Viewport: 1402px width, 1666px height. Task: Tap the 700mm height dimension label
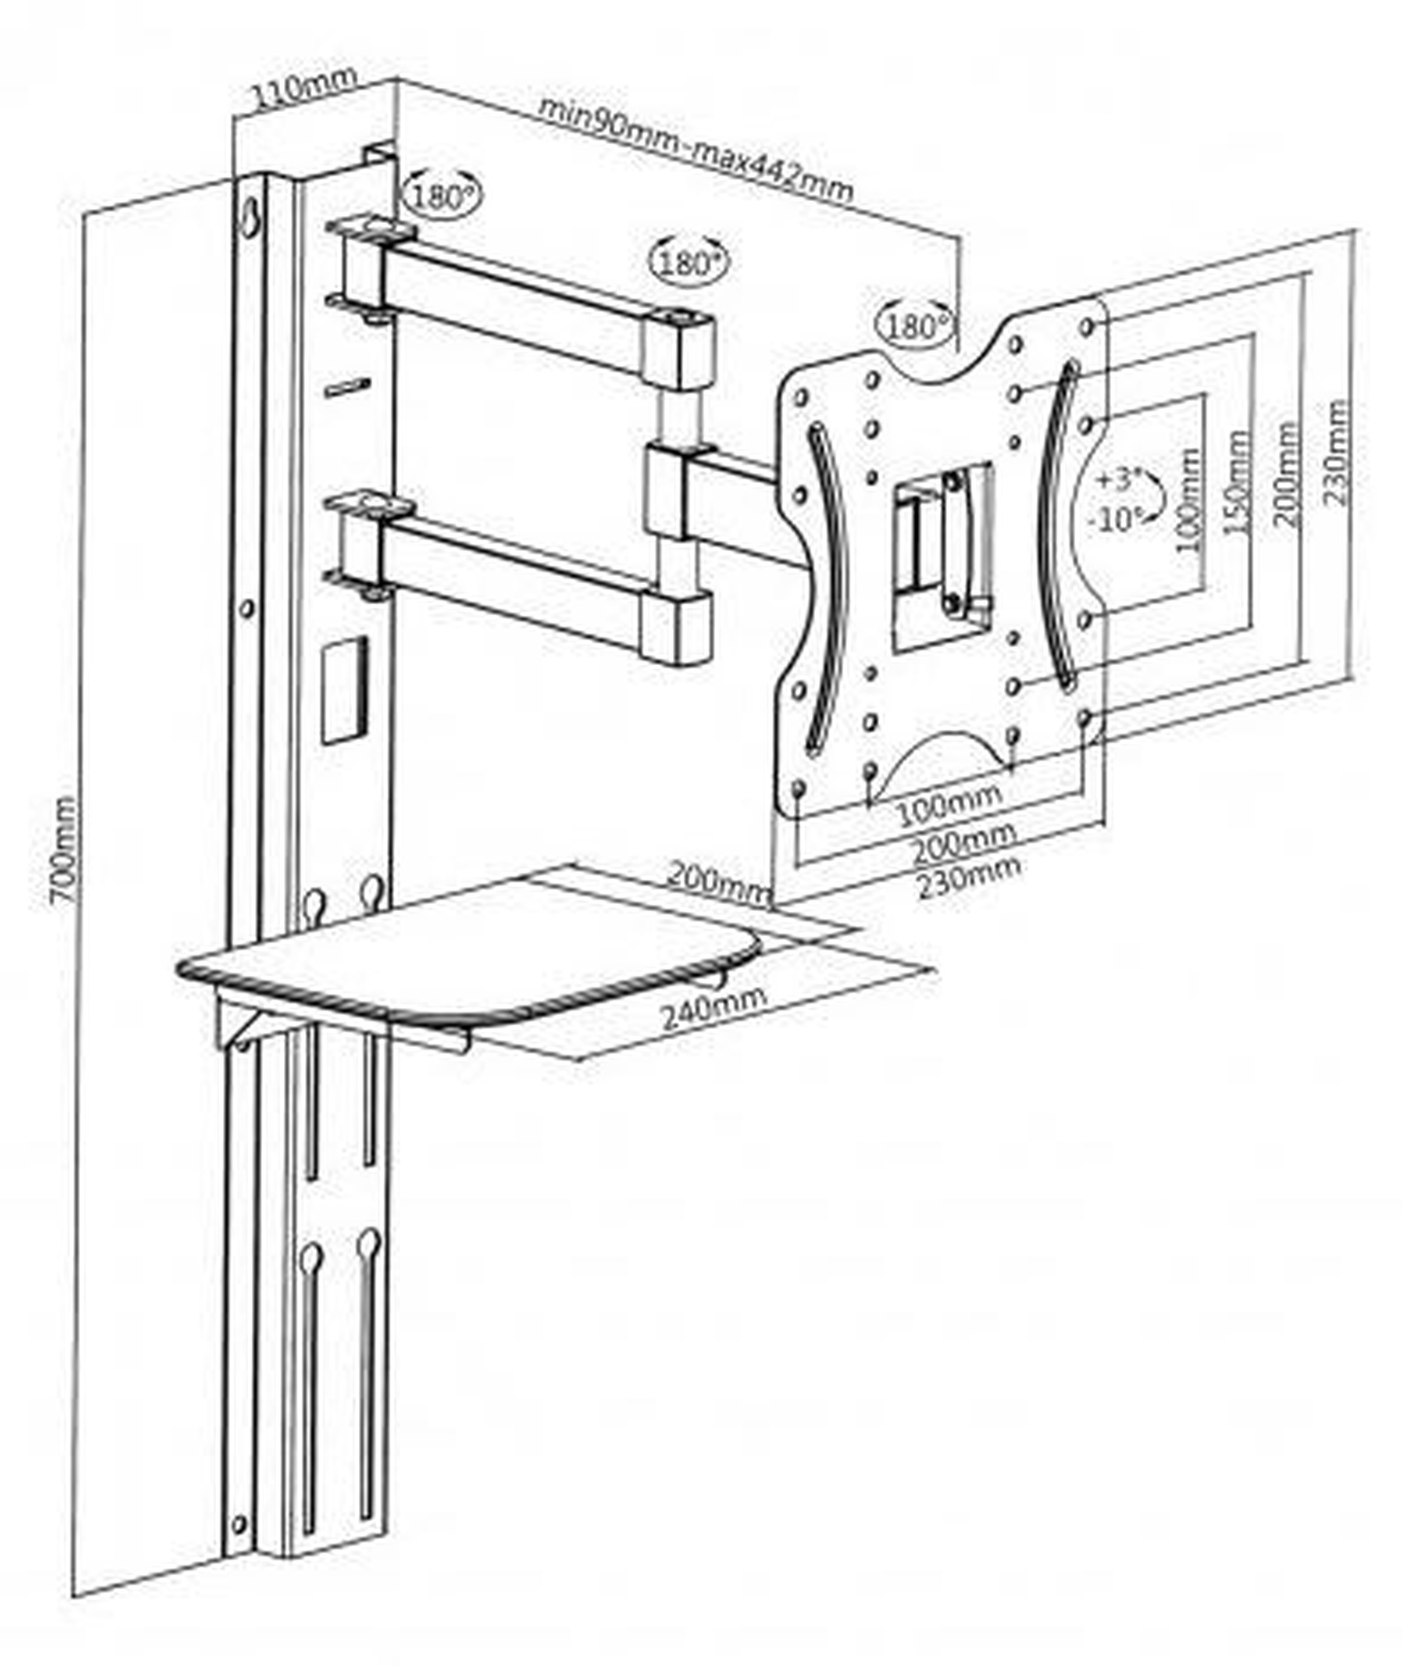(x=63, y=849)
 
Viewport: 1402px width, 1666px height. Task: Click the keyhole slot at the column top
(x=250, y=216)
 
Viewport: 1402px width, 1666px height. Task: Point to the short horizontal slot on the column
(x=347, y=387)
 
